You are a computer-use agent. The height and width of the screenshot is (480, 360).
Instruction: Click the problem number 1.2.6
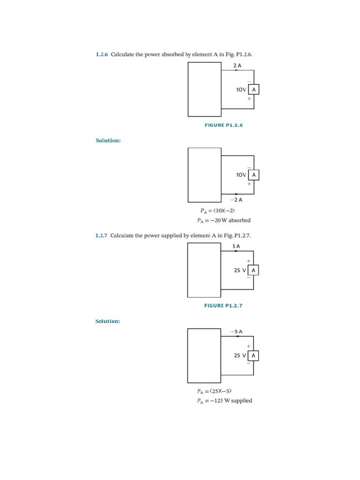[102, 54]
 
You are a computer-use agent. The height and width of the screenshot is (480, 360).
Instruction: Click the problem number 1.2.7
[101, 236]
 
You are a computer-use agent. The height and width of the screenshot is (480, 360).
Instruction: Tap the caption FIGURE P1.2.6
[224, 125]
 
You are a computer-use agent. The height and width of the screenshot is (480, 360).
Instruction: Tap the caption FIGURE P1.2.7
[223, 306]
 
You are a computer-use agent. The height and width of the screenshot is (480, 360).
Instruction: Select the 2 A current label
[237, 66]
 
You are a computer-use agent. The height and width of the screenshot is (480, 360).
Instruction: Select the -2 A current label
[236, 200]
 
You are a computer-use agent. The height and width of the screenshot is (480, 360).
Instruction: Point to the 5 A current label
[236, 246]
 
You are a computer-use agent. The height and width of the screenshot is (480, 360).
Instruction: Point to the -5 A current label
[237, 331]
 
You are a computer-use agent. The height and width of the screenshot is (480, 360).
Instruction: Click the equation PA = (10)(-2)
[217, 210]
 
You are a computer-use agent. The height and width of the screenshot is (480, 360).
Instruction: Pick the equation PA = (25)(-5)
[214, 391]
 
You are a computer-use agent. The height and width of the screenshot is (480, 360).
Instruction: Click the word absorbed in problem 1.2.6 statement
[172, 54]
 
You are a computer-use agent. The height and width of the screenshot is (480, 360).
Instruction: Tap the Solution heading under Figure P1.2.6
[108, 141]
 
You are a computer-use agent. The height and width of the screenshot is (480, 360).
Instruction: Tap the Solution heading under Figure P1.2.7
[108, 321]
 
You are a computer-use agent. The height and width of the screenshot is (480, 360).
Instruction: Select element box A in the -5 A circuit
[253, 356]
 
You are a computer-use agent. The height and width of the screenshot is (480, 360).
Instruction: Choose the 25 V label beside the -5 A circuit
[240, 356]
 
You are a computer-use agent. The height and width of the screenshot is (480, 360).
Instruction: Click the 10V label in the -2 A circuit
[241, 175]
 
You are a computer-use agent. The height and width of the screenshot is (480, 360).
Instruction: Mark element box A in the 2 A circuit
[254, 90]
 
